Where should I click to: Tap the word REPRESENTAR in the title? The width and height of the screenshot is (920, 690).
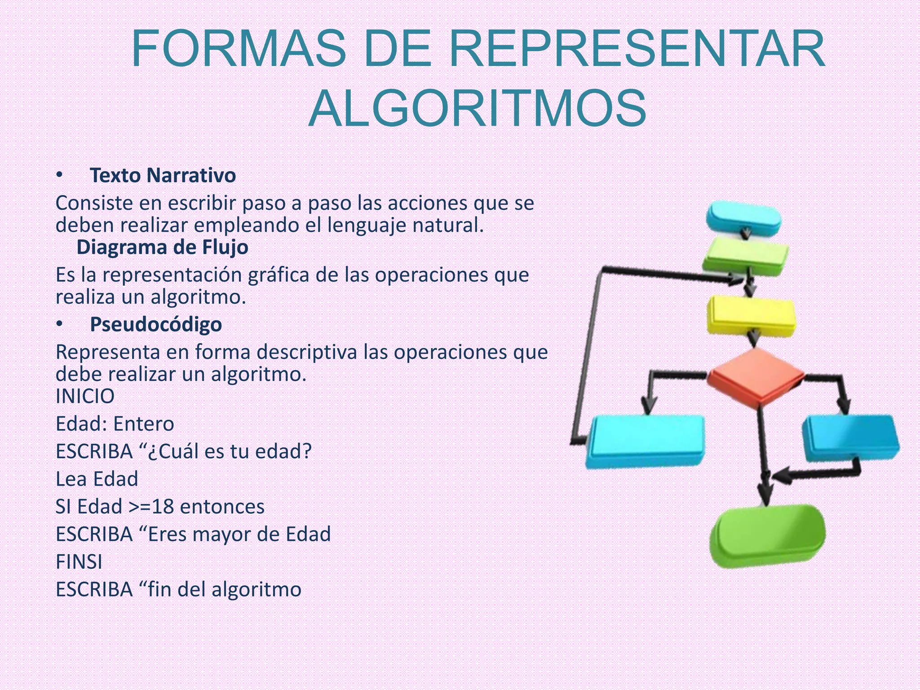(637, 49)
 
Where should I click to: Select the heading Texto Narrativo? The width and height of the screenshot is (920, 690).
(163, 176)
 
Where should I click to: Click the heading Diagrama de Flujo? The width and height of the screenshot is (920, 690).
(162, 248)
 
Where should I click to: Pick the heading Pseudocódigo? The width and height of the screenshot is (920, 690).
(156, 324)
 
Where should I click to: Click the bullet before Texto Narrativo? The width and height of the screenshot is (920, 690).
(59, 175)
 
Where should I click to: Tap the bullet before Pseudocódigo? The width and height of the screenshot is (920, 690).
(59, 324)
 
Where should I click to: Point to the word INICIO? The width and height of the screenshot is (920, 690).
(85, 397)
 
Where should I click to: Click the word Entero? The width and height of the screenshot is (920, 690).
(144, 424)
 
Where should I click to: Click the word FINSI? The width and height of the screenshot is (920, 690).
(79, 562)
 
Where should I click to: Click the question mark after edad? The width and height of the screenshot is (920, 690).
(307, 451)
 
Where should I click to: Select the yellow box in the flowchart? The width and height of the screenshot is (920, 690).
(751, 315)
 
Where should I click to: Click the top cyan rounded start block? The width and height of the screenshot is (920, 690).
(743, 218)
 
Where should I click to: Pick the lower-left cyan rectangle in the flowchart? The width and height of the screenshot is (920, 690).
(645, 440)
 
